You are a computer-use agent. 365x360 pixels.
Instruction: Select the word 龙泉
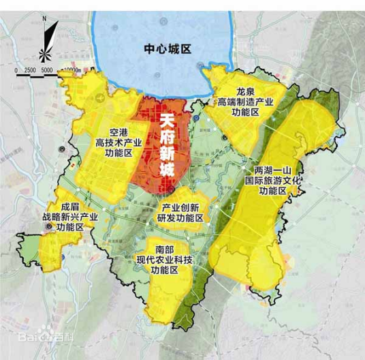[x=246, y=90]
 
